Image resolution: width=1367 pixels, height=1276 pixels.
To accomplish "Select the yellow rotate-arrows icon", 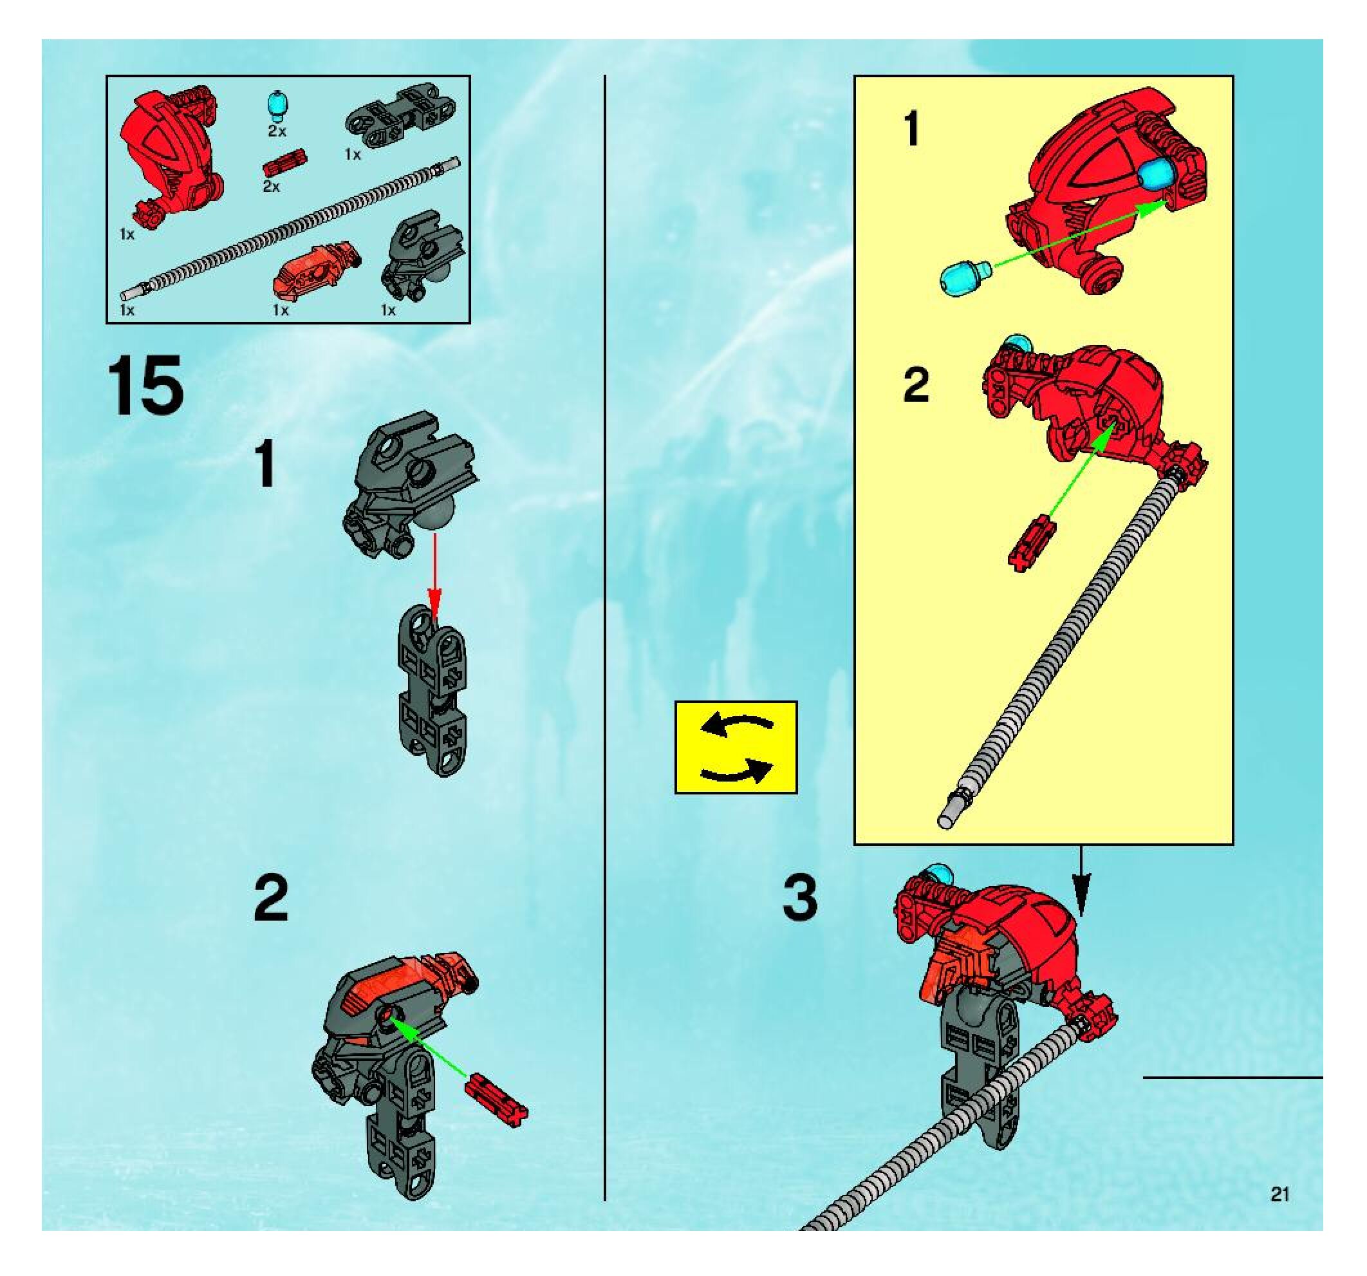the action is [736, 747].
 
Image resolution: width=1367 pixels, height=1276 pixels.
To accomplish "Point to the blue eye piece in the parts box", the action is [277, 103].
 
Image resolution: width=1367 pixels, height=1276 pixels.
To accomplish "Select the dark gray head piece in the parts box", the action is [422, 256].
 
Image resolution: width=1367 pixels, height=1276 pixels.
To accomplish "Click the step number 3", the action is [801, 897].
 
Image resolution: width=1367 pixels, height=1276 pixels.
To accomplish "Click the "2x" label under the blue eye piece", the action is [277, 131].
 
